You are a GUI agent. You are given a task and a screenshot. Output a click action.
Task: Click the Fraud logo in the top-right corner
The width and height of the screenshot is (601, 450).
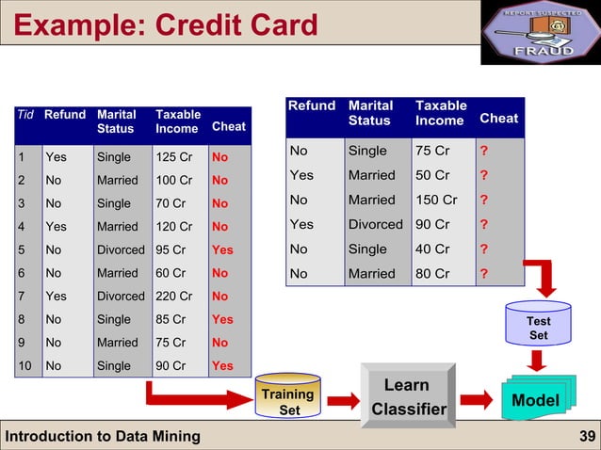(540, 33)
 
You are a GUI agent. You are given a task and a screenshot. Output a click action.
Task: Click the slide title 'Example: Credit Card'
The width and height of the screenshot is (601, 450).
(166, 24)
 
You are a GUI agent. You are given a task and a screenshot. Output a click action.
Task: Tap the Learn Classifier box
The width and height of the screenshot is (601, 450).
(407, 396)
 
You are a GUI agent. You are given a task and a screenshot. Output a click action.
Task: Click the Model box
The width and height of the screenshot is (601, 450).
(535, 400)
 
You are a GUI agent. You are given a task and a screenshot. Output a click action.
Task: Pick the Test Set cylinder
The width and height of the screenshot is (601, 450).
(538, 327)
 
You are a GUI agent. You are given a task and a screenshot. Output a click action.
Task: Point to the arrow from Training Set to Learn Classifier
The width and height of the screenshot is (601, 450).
(343, 401)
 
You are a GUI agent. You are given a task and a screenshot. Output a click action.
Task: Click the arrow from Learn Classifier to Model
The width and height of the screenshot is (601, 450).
(475, 400)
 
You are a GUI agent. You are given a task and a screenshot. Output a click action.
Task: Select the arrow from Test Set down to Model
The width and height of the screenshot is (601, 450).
(538, 361)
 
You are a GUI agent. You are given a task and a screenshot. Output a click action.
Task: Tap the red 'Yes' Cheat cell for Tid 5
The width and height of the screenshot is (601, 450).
(223, 249)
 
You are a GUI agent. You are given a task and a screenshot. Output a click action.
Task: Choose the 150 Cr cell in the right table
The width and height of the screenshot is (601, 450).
(436, 200)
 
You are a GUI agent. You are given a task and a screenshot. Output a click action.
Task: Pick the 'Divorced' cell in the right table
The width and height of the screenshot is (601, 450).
(375, 224)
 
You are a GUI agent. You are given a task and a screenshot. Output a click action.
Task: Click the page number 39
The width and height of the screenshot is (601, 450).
(585, 435)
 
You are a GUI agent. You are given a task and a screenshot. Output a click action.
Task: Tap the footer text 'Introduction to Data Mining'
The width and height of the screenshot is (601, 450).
(103, 435)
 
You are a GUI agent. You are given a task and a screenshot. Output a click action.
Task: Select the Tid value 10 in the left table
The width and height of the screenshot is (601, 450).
(26, 365)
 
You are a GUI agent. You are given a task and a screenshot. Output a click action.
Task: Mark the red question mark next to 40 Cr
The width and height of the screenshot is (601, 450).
(484, 249)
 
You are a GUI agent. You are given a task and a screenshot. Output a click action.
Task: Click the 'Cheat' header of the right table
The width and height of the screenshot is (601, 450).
(498, 118)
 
